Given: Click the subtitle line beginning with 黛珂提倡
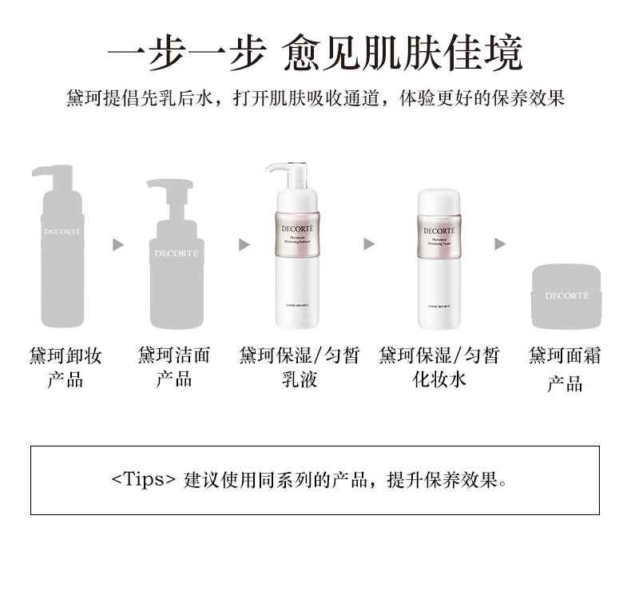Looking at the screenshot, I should pos(315,98).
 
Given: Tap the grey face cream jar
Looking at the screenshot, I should pos(566,297).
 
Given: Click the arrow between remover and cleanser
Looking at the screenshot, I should pos(118,244).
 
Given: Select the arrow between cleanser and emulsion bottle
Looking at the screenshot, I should pos(244,244).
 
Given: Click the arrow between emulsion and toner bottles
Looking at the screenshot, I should pos(368,244).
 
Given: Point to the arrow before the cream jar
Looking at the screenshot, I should pos(500,244).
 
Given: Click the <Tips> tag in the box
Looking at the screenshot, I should pos(143,480).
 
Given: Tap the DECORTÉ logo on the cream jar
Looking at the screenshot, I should pos(566,296).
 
